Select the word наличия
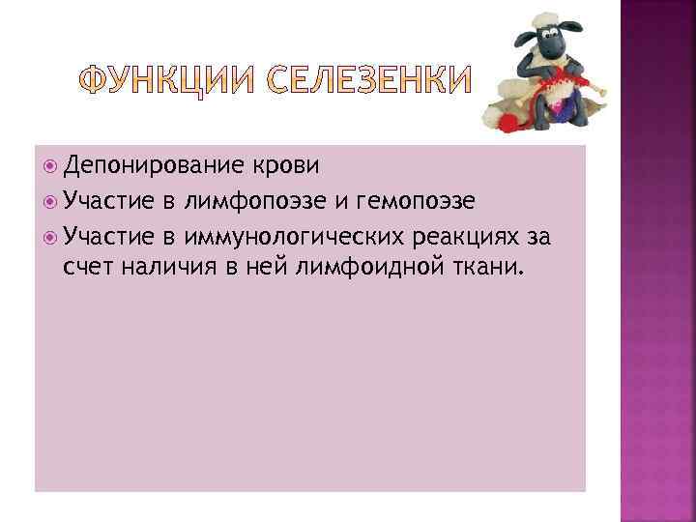point(173,265)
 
